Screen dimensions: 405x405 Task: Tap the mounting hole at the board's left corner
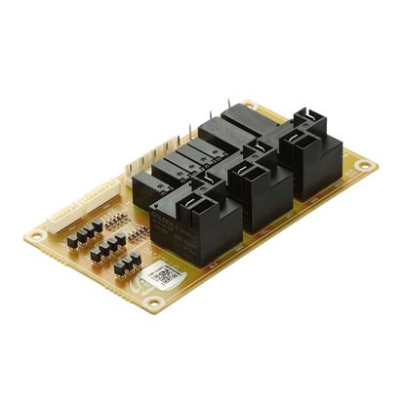tap(39, 234)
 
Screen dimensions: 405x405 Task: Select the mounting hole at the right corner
tap(364, 166)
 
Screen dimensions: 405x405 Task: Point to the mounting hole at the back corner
tap(253, 105)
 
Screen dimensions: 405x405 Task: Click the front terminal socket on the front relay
tap(211, 204)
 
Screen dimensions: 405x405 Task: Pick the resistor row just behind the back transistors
tap(106, 217)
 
